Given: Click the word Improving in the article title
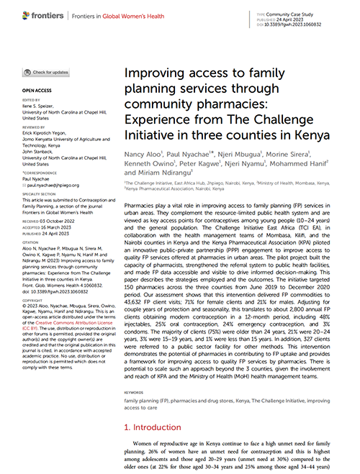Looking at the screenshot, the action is [x=154, y=73].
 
